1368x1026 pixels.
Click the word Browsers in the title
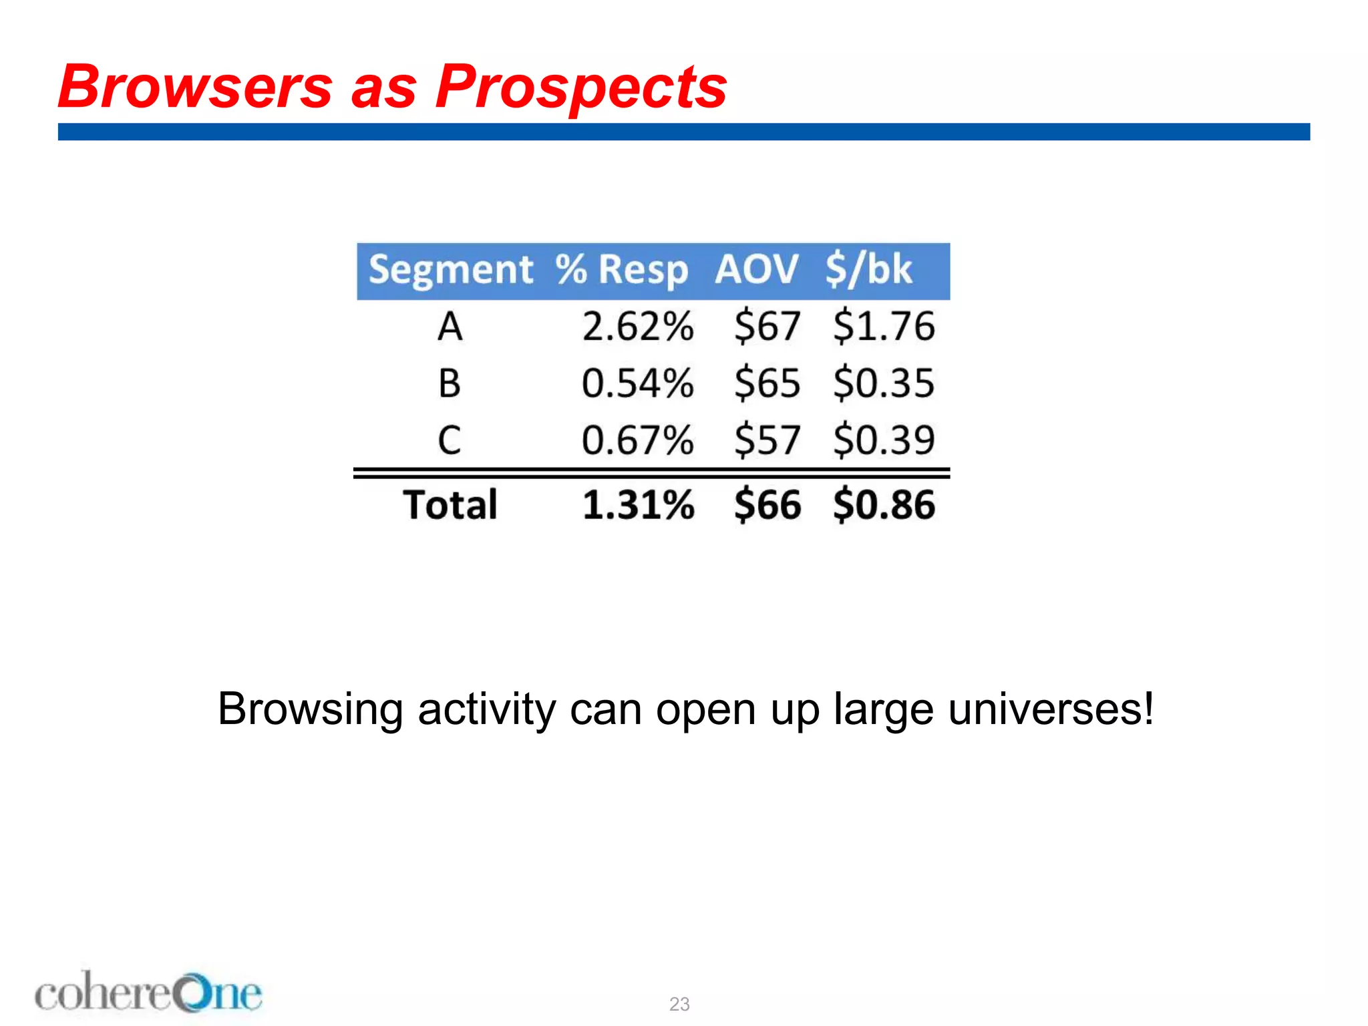pos(195,87)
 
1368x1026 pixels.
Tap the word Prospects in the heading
pos(580,88)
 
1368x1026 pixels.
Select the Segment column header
pos(451,271)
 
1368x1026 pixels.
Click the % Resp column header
pos(621,271)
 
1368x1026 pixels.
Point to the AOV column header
pos(756,270)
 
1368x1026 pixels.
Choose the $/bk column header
pos(868,270)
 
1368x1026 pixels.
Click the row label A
pos(450,327)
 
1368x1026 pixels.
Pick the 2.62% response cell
pos(638,327)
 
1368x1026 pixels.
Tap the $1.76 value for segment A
pos(884,327)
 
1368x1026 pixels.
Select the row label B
pos(450,384)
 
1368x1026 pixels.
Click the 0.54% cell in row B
pos(638,384)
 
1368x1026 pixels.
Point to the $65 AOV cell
pos(767,384)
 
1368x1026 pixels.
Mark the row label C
pos(450,441)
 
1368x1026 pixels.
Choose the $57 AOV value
pos(767,441)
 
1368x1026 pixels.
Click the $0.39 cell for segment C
pos(884,441)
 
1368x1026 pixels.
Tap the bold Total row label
pos(450,505)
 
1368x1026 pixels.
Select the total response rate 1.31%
pos(638,505)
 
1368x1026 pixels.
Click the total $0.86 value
pos(884,505)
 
